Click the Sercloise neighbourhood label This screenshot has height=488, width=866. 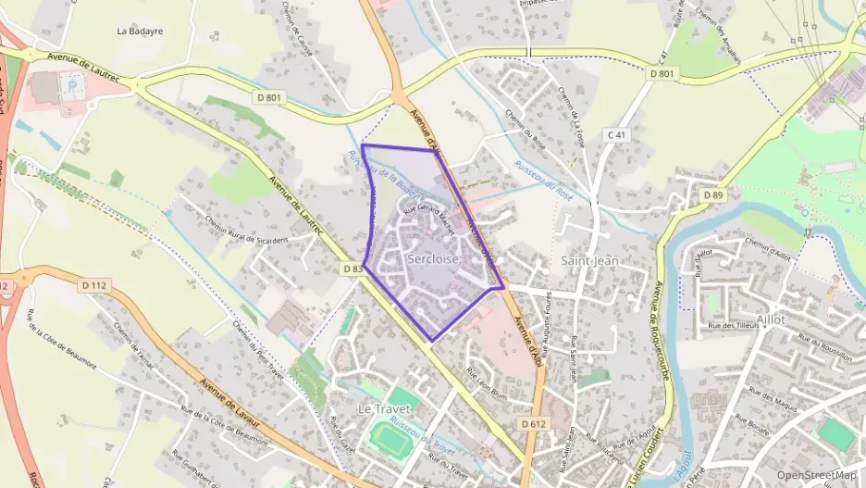click(433, 259)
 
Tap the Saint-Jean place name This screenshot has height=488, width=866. click(589, 261)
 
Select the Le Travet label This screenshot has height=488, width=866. click(384, 408)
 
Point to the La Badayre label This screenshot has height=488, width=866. click(140, 30)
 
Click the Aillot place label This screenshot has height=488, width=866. click(770, 319)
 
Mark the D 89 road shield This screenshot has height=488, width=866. click(712, 195)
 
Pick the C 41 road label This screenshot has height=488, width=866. click(617, 135)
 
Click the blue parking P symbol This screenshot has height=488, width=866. click(73, 84)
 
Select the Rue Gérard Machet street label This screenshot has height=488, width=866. click(429, 217)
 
